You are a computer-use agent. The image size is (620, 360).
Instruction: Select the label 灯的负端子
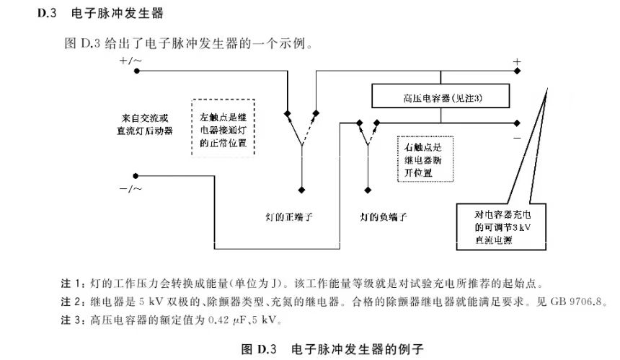pos(384,216)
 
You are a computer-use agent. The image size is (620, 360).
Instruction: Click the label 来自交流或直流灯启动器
pos(147,123)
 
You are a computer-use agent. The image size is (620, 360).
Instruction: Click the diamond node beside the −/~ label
pos(136,175)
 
